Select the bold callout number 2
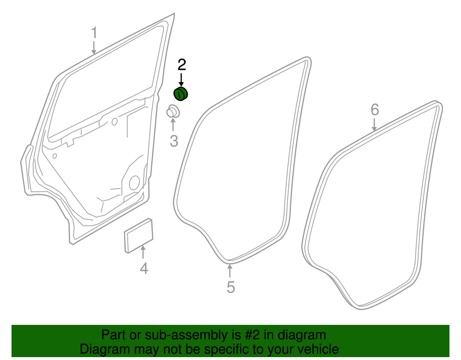182,64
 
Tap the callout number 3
174,141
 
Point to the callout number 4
144,268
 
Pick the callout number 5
230,287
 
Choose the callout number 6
375,110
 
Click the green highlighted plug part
181,94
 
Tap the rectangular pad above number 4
138,236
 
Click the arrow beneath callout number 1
94,48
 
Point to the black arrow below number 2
182,80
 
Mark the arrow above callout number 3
173,124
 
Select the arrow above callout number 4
143,252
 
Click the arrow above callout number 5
230,271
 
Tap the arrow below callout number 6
374,124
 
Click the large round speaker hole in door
134,183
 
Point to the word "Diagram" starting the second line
104,349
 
